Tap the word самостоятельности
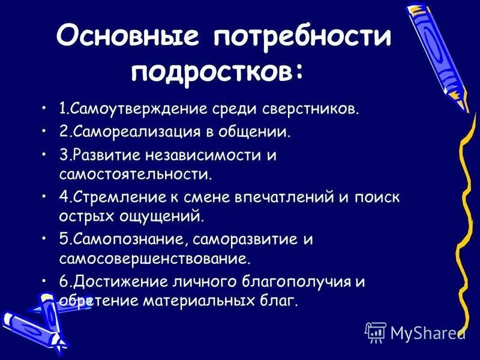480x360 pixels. tap(135, 175)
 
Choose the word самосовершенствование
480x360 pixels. tap(154, 259)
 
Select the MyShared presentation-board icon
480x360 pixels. tap(375, 332)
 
